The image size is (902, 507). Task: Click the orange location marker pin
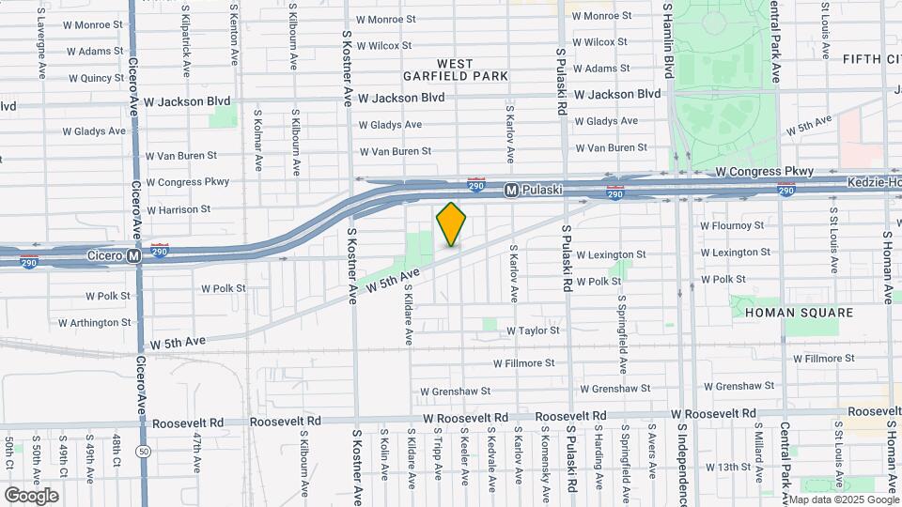click(x=452, y=223)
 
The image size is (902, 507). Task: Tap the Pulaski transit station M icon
click(x=511, y=190)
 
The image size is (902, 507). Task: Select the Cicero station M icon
click(x=134, y=254)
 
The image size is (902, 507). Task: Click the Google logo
click(x=31, y=495)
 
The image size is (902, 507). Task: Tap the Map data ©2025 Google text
click(x=842, y=499)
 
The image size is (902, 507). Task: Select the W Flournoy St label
click(x=733, y=225)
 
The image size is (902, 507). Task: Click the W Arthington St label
click(x=95, y=322)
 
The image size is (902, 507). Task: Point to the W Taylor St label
click(x=533, y=330)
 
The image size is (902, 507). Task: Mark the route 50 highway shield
click(x=143, y=452)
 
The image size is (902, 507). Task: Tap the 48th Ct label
click(x=117, y=451)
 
